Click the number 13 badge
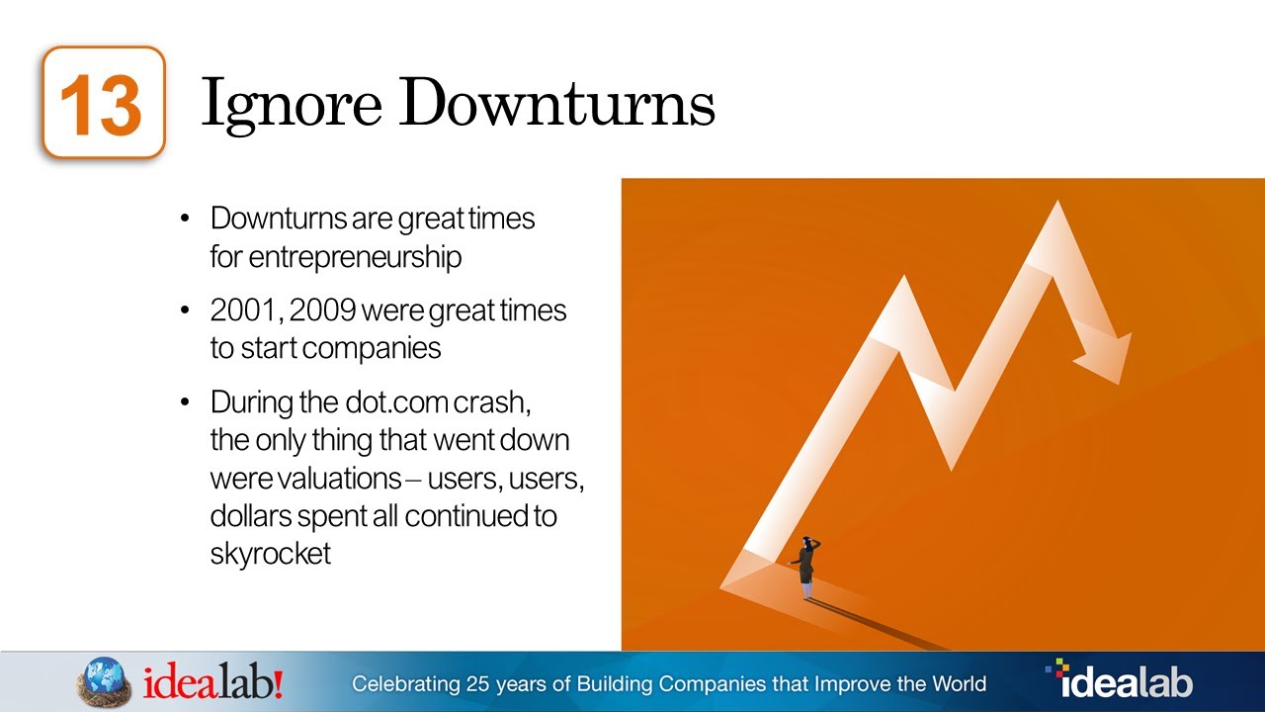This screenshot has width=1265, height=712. tap(103, 103)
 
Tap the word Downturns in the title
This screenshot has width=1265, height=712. tap(558, 103)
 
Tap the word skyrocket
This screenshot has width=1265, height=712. tap(270, 553)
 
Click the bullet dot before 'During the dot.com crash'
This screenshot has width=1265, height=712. tap(186, 403)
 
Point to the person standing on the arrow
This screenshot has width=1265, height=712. tap(807, 568)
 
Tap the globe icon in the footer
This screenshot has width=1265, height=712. tap(105, 682)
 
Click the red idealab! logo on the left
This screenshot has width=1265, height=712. tap(213, 682)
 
